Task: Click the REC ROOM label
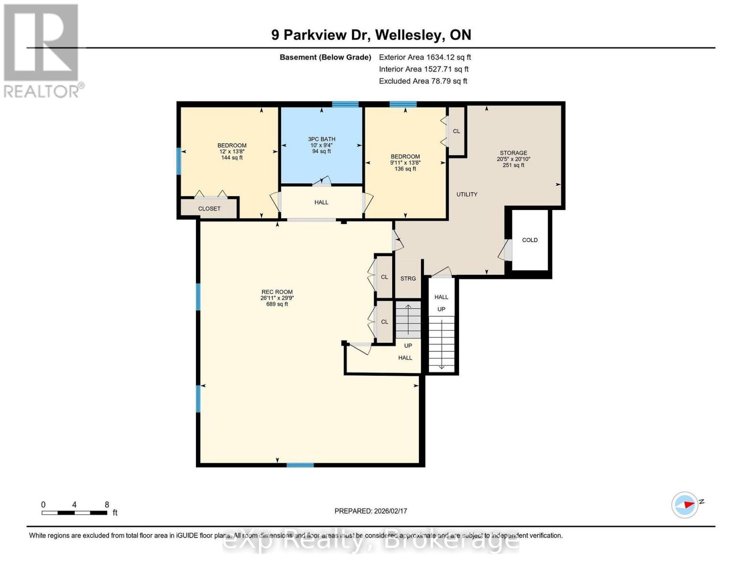(277, 292)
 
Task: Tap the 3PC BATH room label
(322, 139)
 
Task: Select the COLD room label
(529, 240)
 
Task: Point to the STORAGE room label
(514, 153)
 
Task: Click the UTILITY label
(467, 194)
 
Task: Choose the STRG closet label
(408, 278)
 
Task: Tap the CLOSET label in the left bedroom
(209, 209)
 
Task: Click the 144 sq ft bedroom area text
(232, 158)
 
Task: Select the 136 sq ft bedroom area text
(405, 169)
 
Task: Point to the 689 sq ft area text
(277, 304)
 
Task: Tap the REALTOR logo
(42, 51)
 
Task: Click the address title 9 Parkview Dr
(371, 35)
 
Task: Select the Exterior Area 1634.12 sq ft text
(425, 57)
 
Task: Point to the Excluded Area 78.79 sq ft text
(423, 81)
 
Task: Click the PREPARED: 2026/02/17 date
(371, 511)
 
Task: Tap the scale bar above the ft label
(74, 513)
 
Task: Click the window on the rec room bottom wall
(300, 465)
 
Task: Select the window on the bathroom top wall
(345, 104)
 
